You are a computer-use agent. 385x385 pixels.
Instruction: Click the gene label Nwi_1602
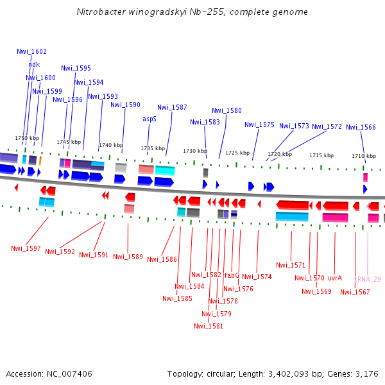point(31,51)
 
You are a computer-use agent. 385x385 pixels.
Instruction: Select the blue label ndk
point(34,64)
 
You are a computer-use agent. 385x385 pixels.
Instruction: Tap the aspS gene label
point(149,119)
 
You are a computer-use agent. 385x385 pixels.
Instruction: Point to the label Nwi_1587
point(172,107)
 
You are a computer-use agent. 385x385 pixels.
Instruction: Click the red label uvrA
point(335,278)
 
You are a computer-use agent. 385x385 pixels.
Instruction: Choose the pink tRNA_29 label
point(368,279)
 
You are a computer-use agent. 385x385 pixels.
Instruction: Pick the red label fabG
point(232,275)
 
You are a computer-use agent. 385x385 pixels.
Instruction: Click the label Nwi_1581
point(209,326)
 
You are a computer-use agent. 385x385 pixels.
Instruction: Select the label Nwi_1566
point(361,127)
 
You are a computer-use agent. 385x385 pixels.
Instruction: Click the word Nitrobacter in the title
point(97,12)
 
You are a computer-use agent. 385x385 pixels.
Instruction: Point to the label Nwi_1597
point(26,248)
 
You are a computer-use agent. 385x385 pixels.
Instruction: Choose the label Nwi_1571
point(291,265)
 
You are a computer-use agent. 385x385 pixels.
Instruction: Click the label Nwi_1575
point(259,124)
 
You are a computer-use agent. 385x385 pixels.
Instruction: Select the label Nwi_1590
point(125,105)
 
